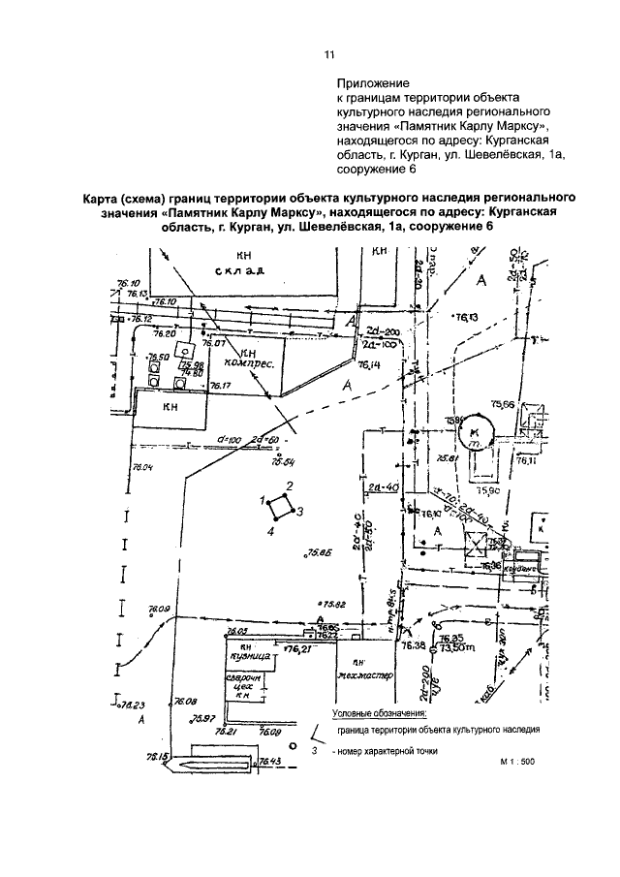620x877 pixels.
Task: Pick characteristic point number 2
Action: click(289, 486)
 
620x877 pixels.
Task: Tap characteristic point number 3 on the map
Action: click(300, 511)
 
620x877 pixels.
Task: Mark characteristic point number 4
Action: click(272, 531)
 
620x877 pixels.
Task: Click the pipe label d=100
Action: click(230, 439)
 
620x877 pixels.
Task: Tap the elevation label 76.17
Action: click(221, 386)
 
